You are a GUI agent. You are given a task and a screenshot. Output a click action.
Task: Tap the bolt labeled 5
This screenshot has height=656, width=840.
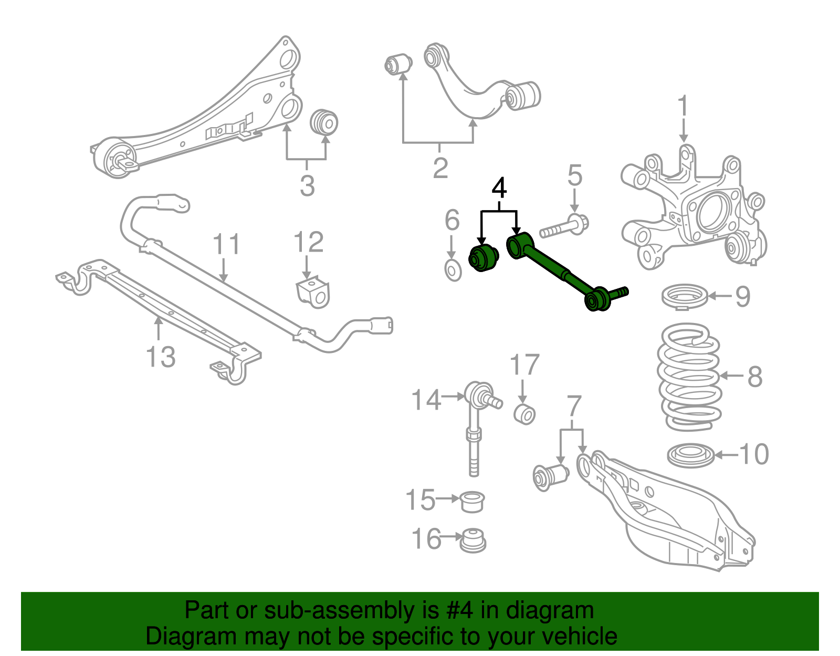(x=565, y=227)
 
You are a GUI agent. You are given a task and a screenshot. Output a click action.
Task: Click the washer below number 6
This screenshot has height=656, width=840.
(x=453, y=270)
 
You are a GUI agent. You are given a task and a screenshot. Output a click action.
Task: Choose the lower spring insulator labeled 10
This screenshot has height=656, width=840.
(x=690, y=455)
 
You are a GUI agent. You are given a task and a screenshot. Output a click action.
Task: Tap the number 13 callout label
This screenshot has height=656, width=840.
(x=161, y=357)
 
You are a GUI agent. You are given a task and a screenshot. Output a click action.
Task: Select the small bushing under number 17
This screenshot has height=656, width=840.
(x=524, y=414)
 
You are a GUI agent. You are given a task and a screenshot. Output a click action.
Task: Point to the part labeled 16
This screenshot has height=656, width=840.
(x=473, y=541)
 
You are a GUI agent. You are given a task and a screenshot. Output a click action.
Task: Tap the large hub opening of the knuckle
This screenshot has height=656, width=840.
(x=713, y=213)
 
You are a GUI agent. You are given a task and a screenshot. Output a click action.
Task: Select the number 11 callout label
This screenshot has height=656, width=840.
(x=226, y=245)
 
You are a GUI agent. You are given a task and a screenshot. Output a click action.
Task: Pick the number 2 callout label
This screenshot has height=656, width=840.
(x=440, y=168)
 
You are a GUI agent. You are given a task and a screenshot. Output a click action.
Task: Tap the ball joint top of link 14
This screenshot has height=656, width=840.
(x=479, y=392)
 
